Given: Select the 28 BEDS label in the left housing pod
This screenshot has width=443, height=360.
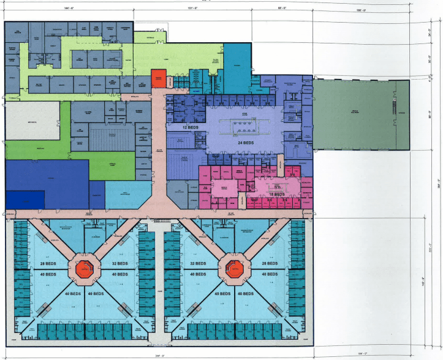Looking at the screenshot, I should coord(47,263).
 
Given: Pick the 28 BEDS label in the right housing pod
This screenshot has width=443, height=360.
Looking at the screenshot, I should coord(270,263).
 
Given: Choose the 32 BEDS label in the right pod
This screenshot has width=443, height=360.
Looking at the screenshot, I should coord(198,263).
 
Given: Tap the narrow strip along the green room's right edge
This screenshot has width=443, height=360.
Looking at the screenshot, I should coord(402,114).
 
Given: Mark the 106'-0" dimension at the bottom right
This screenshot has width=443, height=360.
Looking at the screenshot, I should coord(363,354).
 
